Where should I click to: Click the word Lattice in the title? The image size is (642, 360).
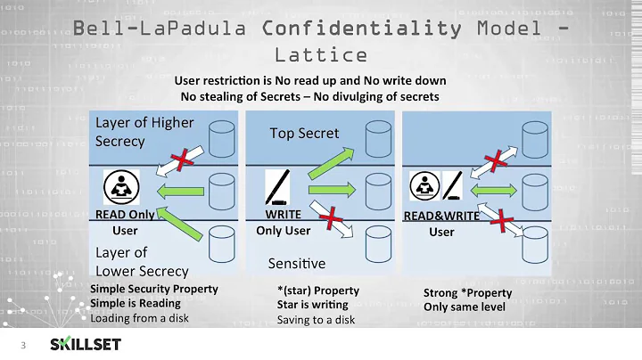321,54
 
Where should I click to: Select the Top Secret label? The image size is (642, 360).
304,133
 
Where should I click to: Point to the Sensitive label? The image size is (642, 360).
297,264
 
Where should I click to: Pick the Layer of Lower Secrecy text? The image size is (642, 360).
142,261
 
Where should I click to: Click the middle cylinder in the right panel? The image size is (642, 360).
534,190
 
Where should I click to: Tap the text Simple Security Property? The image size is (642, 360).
154,290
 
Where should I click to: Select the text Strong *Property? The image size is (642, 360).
467,292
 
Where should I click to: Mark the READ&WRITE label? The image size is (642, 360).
442,216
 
